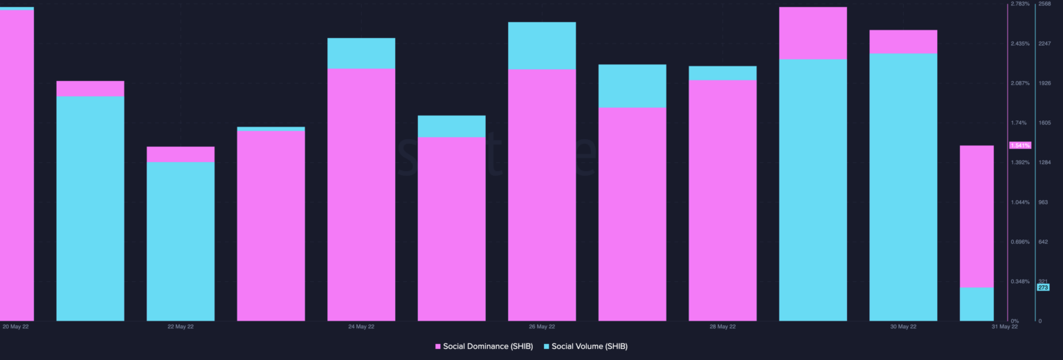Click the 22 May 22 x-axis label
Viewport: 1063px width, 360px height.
[x=181, y=326]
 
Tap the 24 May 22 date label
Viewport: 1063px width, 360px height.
[x=361, y=326]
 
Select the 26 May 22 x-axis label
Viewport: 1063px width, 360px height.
[x=542, y=326]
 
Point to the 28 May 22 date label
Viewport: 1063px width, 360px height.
[x=723, y=326]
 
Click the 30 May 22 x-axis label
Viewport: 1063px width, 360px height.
[x=903, y=326]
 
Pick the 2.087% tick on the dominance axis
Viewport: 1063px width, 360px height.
[x=1020, y=83]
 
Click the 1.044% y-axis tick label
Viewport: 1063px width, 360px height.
[x=1020, y=202]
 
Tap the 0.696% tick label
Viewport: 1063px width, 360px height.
[x=1020, y=242]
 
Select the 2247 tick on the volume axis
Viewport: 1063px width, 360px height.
[x=1045, y=44]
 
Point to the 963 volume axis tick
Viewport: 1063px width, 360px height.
[x=1043, y=202]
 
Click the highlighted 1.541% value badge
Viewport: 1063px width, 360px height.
[x=1020, y=145]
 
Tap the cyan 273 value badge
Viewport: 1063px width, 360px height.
[x=1044, y=287]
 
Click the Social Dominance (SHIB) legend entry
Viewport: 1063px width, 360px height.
[x=484, y=346]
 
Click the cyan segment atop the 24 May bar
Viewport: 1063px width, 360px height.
[x=361, y=53]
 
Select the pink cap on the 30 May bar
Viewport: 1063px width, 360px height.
[x=903, y=42]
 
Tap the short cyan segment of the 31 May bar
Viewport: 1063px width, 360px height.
[x=976, y=304]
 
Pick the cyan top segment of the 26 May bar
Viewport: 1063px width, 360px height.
[x=542, y=46]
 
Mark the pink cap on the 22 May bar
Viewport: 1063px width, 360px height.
[x=181, y=154]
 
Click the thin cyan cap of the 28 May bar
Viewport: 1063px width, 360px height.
[x=723, y=73]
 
